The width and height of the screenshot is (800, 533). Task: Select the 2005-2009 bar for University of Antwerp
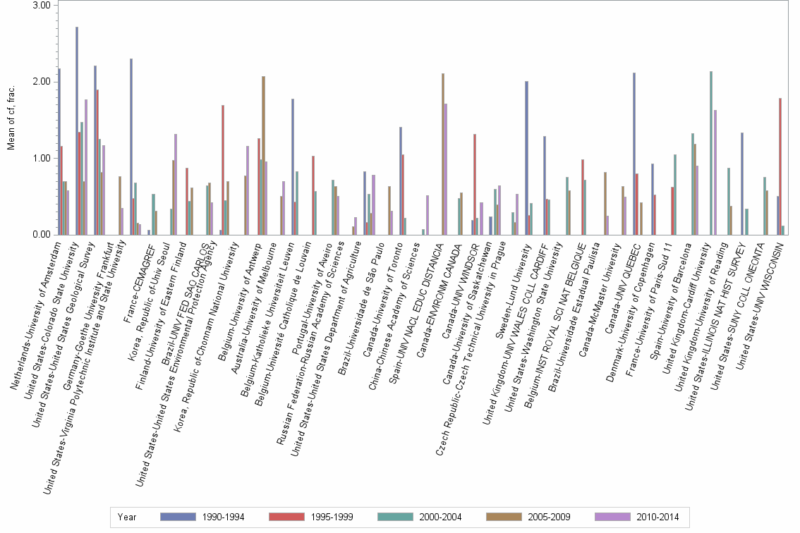tap(263, 155)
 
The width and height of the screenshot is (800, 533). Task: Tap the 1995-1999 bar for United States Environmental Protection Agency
tap(223, 169)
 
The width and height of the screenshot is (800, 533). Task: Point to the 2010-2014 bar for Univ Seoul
tap(176, 184)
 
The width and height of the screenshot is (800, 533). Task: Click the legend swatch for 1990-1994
tap(178, 517)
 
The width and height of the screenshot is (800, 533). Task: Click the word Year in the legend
tap(128, 517)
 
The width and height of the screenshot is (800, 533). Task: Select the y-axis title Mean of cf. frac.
tap(10, 120)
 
